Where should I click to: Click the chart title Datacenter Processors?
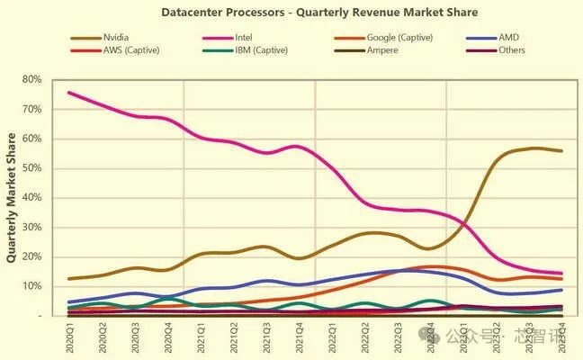coord(319,13)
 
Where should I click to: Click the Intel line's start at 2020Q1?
coord(69,93)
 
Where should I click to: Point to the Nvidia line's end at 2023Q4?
coord(562,150)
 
